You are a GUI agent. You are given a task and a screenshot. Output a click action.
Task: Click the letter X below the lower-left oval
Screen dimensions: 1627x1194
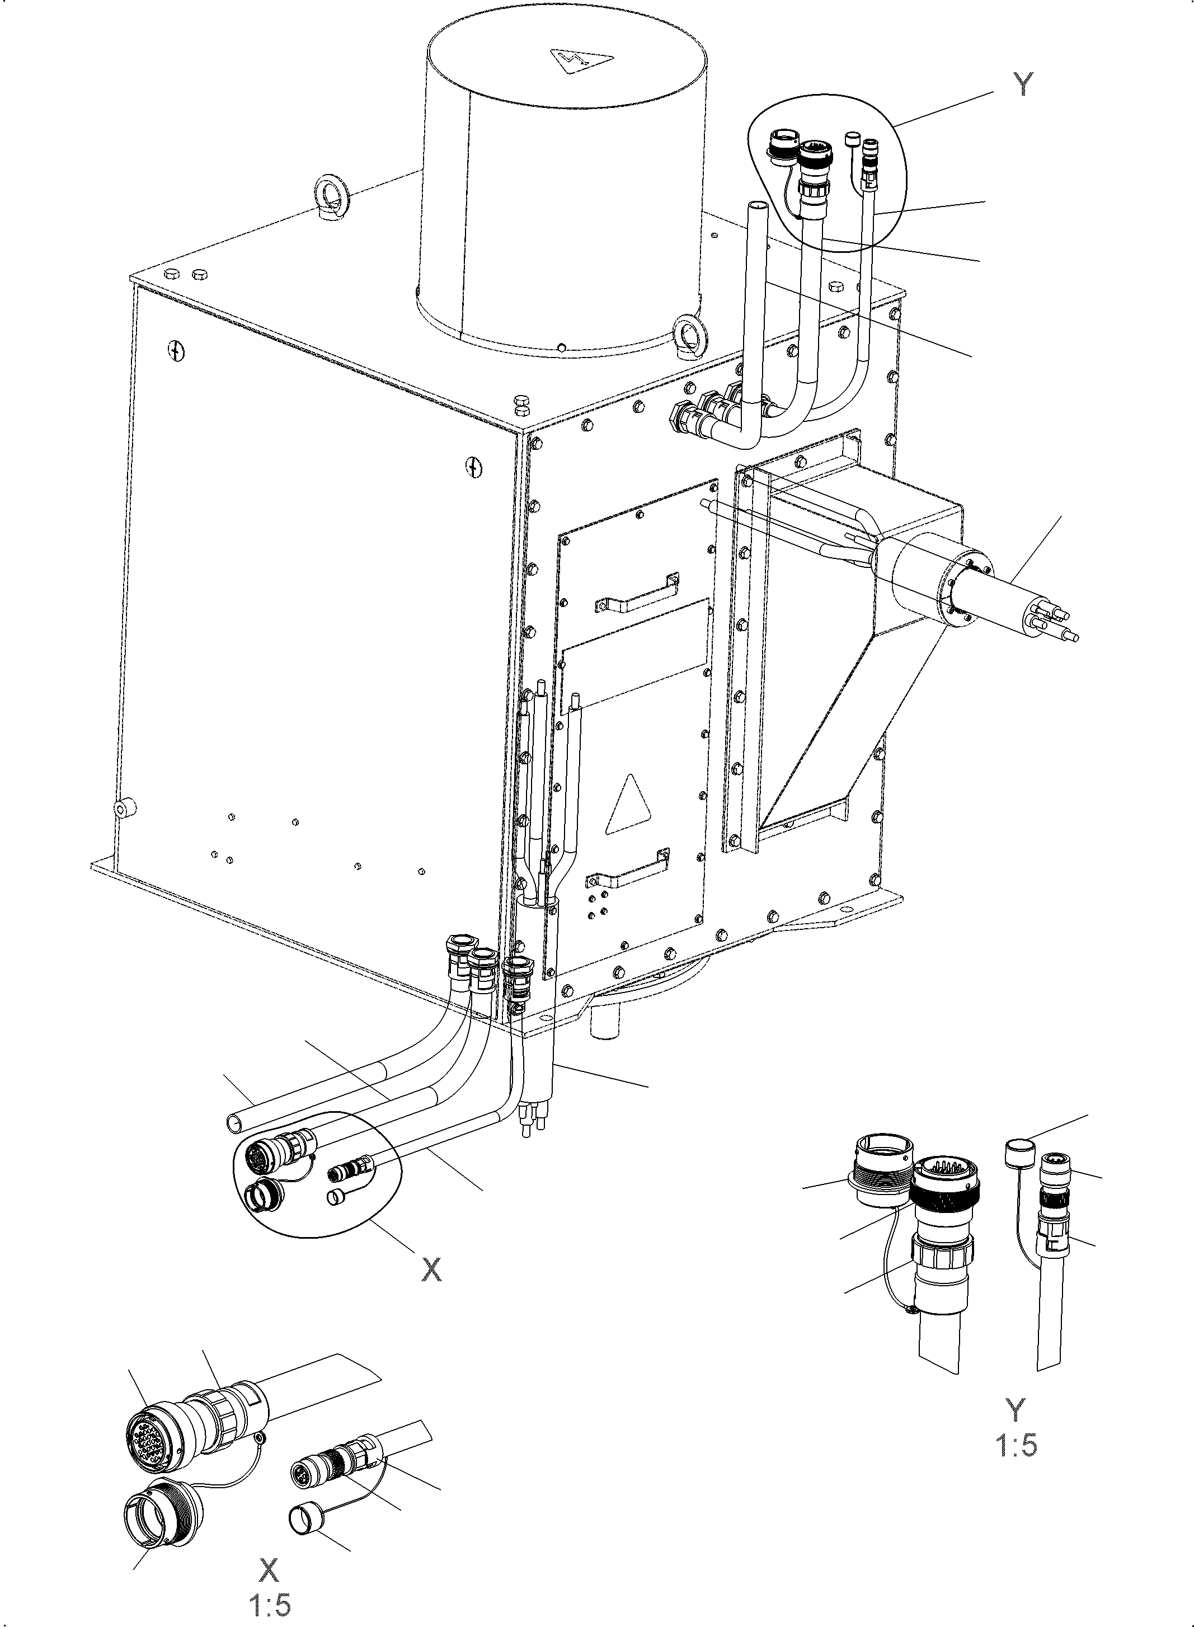[x=431, y=1269]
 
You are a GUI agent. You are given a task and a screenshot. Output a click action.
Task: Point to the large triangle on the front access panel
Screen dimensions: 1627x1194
[x=629, y=807]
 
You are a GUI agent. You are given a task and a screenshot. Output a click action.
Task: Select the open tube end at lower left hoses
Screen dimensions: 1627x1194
[x=235, y=1122]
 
